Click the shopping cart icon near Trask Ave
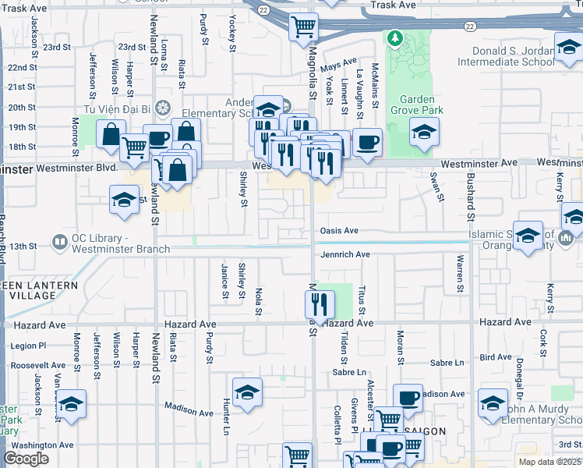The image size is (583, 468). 303,27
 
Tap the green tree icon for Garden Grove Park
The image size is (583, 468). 395,37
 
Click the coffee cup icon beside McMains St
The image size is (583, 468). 368,143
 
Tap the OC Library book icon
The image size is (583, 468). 59,242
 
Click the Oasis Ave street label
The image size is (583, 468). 339,231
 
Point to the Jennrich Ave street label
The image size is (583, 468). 344,254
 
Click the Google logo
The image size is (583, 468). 26,459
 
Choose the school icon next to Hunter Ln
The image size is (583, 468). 246,391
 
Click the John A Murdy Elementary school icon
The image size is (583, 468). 493,404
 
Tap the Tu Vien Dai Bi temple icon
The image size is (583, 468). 163,107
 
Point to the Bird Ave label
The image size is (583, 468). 496,357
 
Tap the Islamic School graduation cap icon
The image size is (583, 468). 528,236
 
